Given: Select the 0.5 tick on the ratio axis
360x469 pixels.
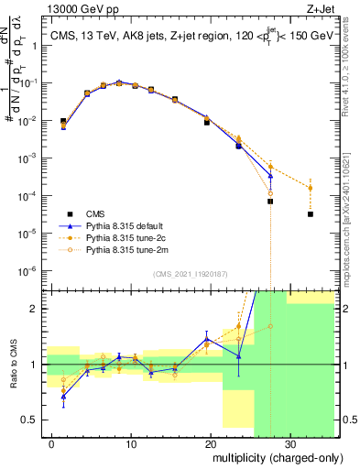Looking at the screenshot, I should [34, 420].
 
